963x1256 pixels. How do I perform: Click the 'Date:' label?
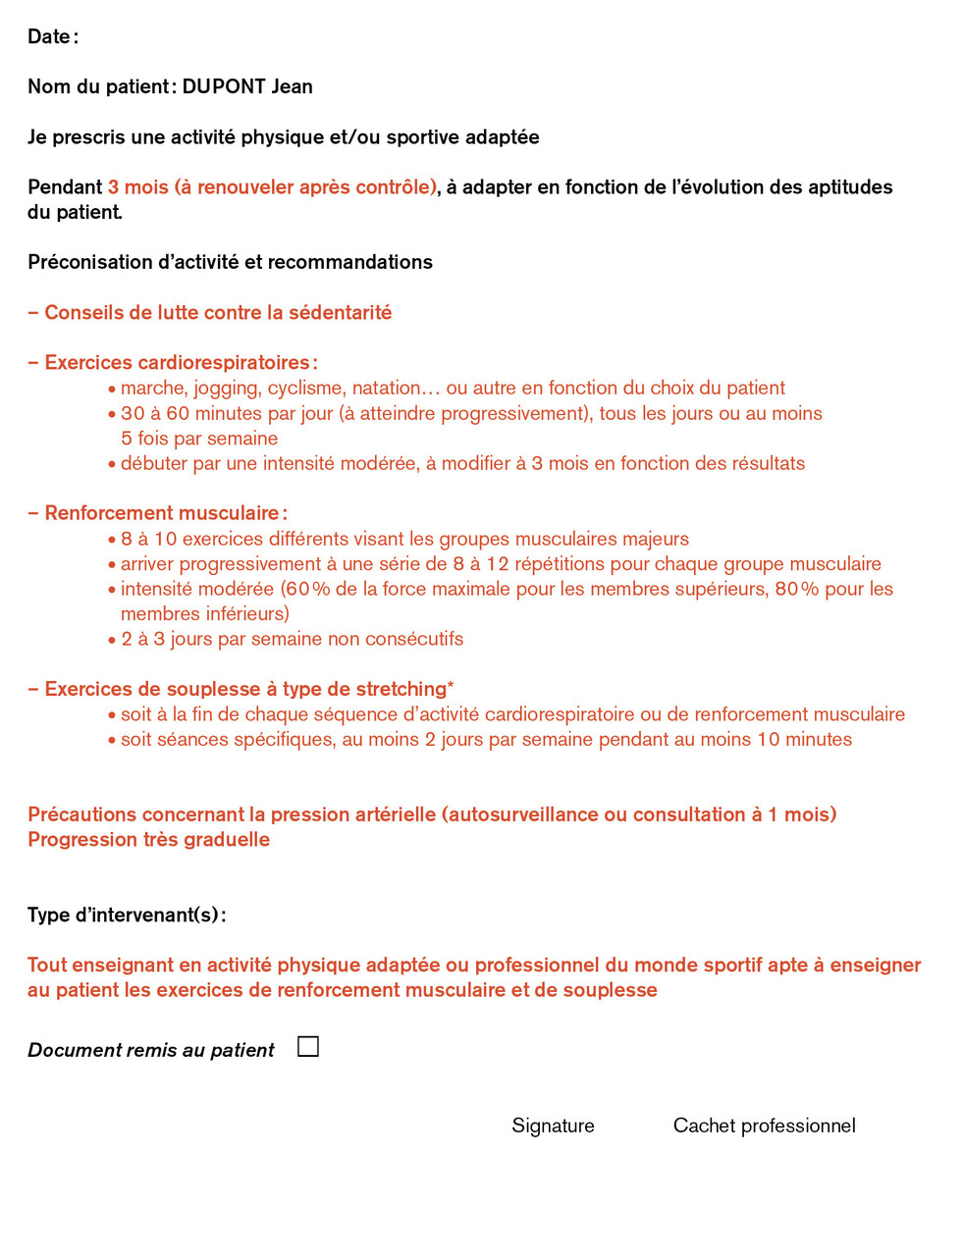point(52,37)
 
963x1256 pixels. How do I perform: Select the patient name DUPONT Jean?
point(247,86)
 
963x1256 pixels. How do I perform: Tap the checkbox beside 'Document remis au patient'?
point(308,1047)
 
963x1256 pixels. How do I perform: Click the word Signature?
point(553,1125)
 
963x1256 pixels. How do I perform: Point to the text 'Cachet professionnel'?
point(764,1125)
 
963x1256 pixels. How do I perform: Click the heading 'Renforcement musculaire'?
point(162,513)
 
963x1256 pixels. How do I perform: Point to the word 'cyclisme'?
point(305,389)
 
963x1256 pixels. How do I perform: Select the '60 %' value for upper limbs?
point(308,589)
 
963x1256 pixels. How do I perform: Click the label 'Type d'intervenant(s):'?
point(127,916)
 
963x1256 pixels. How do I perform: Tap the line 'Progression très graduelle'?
point(148,840)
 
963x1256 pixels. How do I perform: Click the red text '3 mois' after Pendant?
point(138,187)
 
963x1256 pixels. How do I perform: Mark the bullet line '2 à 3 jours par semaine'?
point(292,639)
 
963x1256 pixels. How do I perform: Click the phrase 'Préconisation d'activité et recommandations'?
point(230,262)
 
